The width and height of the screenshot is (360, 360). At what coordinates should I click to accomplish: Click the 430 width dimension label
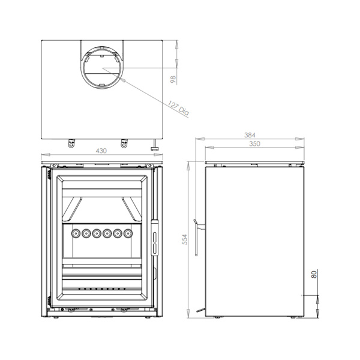[x=101, y=151]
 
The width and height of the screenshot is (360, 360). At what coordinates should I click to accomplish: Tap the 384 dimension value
[x=250, y=135]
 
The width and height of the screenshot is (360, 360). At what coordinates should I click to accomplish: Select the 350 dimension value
[x=254, y=144]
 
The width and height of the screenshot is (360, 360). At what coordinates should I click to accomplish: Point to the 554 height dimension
[x=185, y=239]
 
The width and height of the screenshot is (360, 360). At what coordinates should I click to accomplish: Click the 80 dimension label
[x=314, y=274]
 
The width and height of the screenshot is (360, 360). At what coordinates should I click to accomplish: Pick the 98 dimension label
[x=173, y=79]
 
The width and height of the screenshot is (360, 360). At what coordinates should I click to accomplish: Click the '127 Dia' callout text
[x=179, y=108]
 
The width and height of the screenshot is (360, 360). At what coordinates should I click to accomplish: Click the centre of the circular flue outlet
[x=102, y=68]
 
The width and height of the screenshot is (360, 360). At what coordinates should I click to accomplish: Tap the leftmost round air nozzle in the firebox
[x=75, y=234]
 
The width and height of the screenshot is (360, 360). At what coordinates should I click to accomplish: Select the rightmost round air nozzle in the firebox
[x=128, y=234]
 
